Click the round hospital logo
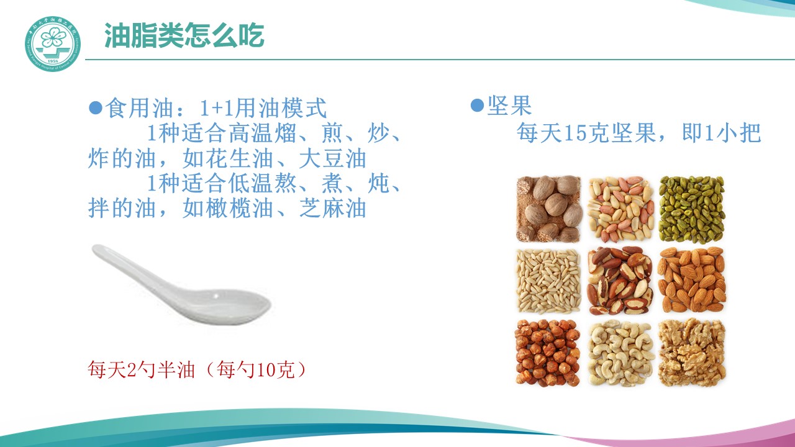(53, 43)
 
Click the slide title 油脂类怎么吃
(184, 35)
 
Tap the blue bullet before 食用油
(96, 107)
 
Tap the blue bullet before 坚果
(477, 105)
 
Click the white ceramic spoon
(181, 284)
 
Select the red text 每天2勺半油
(141, 369)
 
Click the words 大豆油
(332, 158)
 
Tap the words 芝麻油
(332, 208)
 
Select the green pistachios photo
(692, 209)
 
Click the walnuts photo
(692, 352)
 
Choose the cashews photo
(620, 353)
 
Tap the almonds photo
(692, 280)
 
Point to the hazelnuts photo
(548, 353)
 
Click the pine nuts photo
(548, 281)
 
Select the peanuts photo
(620, 209)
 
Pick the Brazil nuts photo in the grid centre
(620, 281)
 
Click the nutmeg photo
(548, 209)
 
